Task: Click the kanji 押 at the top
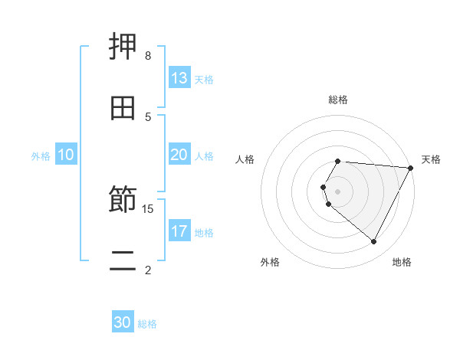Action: (x=123, y=47)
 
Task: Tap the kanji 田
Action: (x=123, y=108)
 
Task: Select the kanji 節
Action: (x=123, y=200)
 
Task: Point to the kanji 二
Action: (x=123, y=260)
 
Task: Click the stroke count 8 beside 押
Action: (x=148, y=56)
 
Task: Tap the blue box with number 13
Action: (x=179, y=78)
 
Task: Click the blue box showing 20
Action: (x=179, y=155)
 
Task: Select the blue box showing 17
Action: (x=179, y=231)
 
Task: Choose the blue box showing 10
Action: (x=66, y=155)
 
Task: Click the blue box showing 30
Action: (x=123, y=322)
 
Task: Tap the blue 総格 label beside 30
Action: (x=147, y=324)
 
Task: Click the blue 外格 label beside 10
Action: (x=41, y=156)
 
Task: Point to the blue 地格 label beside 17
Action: (x=204, y=233)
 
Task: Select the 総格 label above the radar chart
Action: (x=337, y=100)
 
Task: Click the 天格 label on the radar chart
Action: (x=431, y=159)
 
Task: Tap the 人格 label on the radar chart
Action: (x=245, y=159)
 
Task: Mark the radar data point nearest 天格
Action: (x=411, y=168)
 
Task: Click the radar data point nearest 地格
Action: (x=374, y=242)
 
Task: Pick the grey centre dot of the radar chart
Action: (x=337, y=191)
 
